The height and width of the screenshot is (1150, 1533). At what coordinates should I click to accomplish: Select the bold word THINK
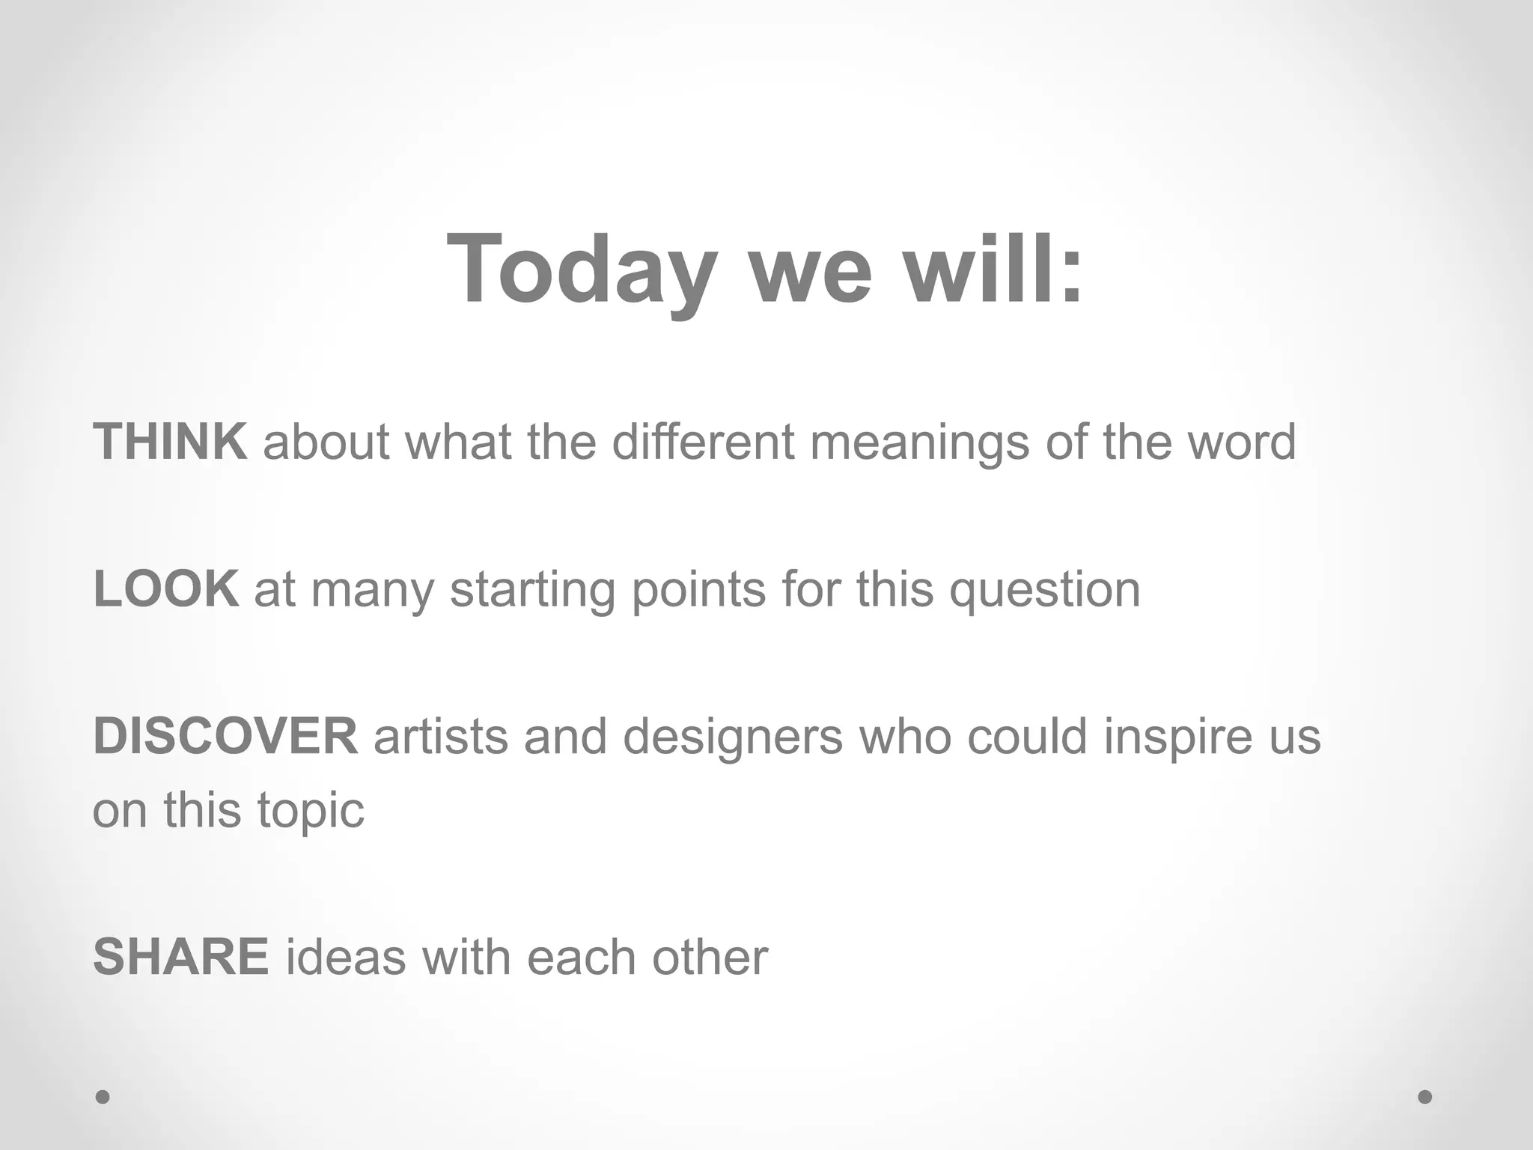(x=170, y=442)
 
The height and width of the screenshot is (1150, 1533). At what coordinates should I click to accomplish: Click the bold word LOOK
(x=166, y=589)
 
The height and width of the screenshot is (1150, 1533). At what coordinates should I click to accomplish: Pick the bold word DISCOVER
(x=225, y=736)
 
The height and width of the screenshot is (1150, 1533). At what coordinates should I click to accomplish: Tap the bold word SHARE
(x=180, y=957)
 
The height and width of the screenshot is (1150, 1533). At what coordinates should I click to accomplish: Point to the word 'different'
(x=703, y=442)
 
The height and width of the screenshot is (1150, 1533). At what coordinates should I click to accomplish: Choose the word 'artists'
(x=440, y=737)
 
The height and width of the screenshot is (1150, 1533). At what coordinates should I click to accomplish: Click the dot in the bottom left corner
(x=103, y=1097)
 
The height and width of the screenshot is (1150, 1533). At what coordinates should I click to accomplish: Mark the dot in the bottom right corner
(x=1425, y=1097)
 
